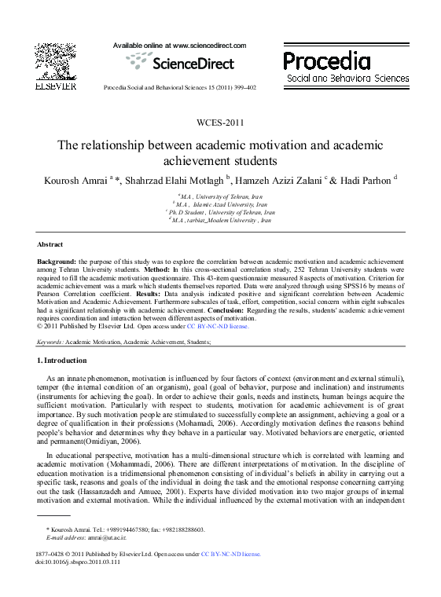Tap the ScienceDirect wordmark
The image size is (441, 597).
(x=189, y=64)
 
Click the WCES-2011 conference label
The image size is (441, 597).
(x=220, y=123)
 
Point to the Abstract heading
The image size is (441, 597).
(x=50, y=244)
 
